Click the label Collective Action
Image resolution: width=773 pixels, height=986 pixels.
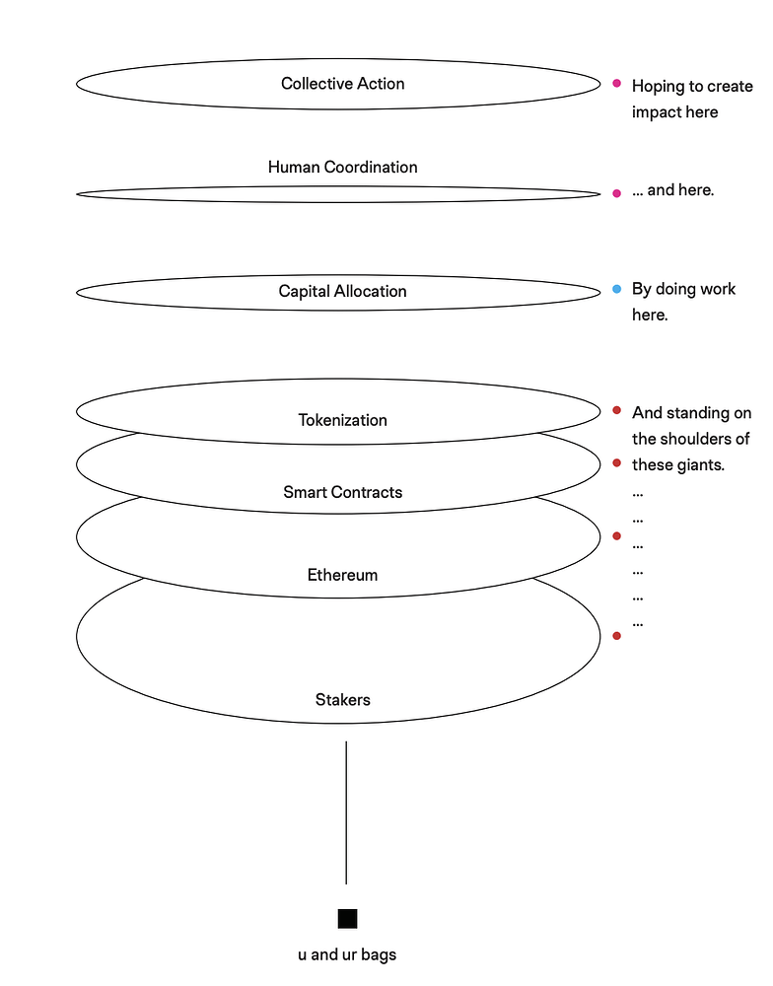[342, 84]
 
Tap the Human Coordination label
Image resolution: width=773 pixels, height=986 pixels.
[342, 168]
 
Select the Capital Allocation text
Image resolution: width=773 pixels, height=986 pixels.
[342, 292]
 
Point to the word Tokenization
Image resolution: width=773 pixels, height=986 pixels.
[342, 420]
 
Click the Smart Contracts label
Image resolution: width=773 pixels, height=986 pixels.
[342, 492]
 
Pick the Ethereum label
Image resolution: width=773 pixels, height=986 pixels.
[342, 575]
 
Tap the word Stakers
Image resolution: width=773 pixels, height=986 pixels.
[342, 700]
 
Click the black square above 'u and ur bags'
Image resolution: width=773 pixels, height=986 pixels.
[347, 919]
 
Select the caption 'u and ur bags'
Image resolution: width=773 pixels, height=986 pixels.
[347, 954]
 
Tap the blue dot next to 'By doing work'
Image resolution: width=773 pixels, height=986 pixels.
[616, 289]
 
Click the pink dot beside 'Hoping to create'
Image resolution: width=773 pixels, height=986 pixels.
[616, 85]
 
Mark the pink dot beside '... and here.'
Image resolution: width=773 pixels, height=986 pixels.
[616, 193]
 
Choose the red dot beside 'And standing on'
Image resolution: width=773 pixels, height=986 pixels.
[616, 410]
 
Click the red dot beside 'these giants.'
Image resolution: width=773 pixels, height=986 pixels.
[616, 462]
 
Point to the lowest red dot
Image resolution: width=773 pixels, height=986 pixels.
[616, 636]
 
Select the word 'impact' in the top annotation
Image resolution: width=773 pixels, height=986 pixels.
[656, 112]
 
